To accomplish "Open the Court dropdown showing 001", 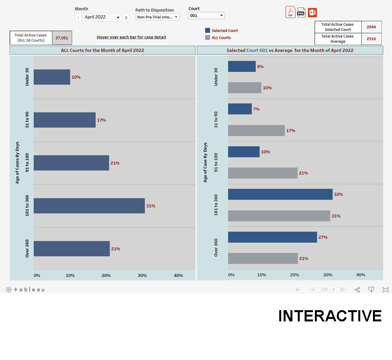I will [x=206, y=16].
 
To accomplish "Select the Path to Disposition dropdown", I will [x=157, y=17].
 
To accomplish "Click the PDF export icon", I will [x=290, y=12].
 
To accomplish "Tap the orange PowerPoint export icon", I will [x=312, y=12].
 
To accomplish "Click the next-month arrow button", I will [x=126, y=18].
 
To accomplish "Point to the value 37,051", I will [x=62, y=38].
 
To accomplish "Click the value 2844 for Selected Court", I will [x=371, y=27].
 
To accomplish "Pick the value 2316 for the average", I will [x=371, y=39].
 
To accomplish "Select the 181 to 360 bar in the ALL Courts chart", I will [x=89, y=206].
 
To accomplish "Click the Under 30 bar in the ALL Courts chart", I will [x=52, y=77].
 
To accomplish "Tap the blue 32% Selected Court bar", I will [x=280, y=194].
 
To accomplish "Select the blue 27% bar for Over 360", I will [x=272, y=237].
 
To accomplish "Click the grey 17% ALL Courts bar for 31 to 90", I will [x=256, y=130].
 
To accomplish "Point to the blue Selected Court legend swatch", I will [x=208, y=30].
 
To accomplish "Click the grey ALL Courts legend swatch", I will [x=208, y=38].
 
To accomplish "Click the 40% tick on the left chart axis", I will [x=178, y=275].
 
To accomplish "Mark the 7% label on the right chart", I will [x=256, y=109].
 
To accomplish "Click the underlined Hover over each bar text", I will [x=131, y=37].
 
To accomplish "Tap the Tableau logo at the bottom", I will [x=25, y=290].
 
